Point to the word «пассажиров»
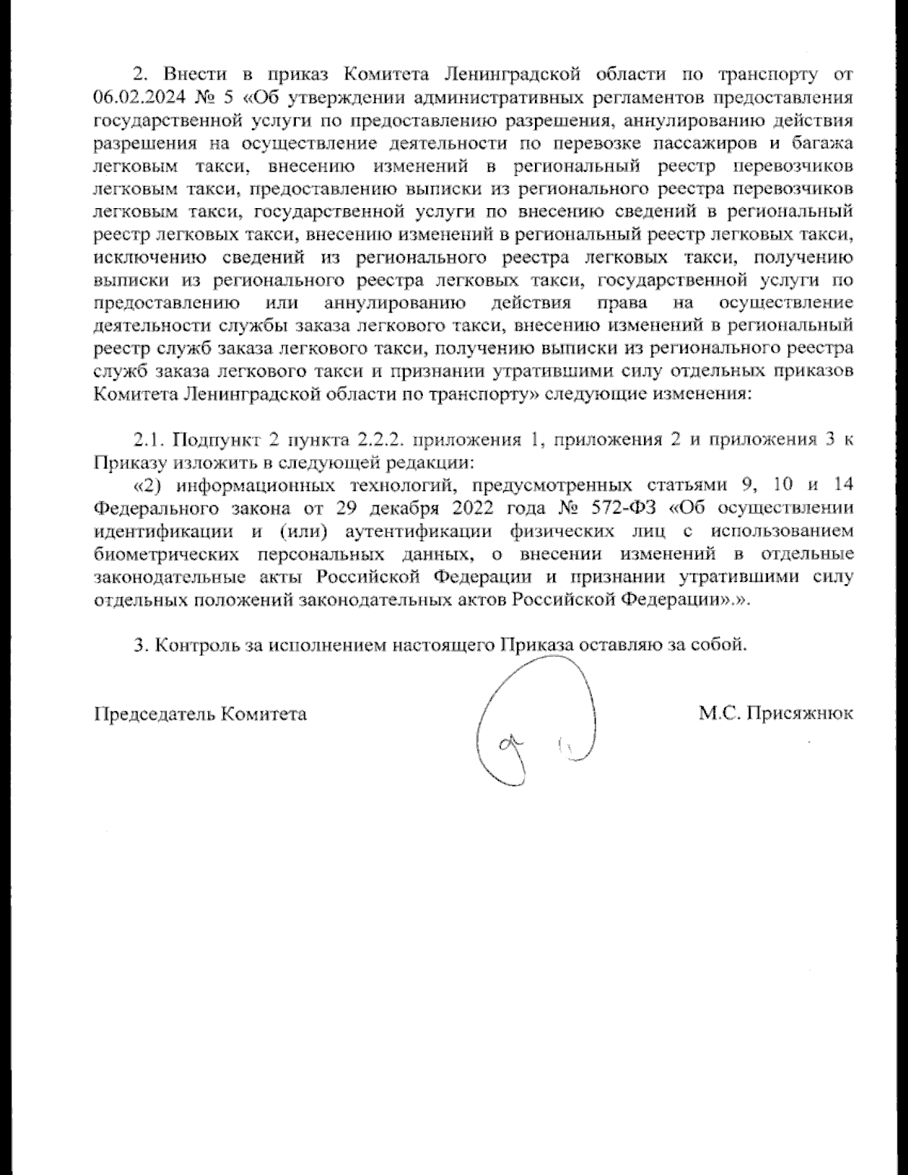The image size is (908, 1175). [698, 143]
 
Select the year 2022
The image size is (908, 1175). [468, 508]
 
